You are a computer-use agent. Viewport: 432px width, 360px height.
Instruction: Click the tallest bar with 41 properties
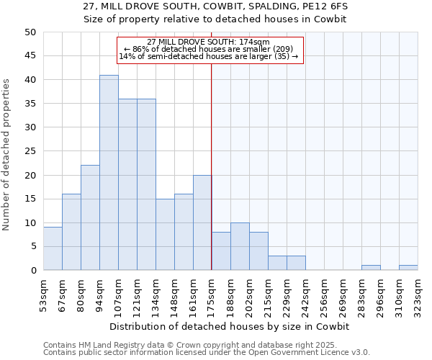click(109, 173)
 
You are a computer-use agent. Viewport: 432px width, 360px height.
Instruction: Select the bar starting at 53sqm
click(53, 249)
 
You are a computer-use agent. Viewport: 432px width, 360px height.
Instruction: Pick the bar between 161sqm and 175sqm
click(202, 222)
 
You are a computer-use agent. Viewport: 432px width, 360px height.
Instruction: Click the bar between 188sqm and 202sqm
click(240, 246)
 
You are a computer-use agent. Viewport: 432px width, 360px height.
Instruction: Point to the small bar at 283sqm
click(371, 268)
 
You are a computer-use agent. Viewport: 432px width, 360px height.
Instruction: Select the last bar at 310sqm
click(408, 268)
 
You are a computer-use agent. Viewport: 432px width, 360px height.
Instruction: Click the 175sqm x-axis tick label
click(210, 293)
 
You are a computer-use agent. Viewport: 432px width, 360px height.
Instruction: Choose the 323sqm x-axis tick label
click(417, 293)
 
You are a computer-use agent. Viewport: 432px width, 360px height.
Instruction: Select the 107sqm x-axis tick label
click(117, 293)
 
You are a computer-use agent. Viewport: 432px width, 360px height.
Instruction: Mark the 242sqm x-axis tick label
click(305, 293)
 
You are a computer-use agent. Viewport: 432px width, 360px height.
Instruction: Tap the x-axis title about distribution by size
click(230, 326)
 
